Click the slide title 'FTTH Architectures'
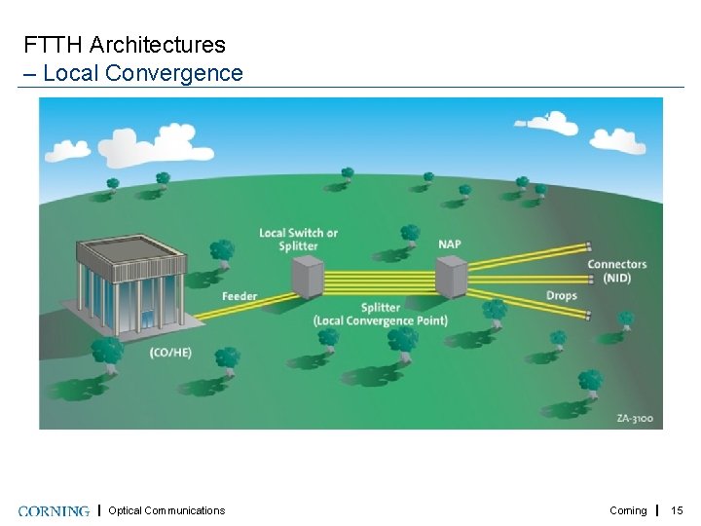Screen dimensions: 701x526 (x=125, y=45)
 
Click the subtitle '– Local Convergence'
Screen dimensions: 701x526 (x=133, y=73)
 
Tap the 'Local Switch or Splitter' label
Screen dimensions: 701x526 (x=298, y=240)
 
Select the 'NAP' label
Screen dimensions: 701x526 (x=450, y=244)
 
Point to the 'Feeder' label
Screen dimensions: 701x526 (x=240, y=296)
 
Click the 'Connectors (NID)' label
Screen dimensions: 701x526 (x=616, y=271)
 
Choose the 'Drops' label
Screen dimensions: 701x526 (x=561, y=295)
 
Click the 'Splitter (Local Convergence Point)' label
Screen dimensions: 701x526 (x=380, y=315)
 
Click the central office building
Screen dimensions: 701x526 (x=134, y=282)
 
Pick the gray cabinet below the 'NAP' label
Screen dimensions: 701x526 (x=450, y=277)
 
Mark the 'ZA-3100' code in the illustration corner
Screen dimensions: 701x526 (x=635, y=419)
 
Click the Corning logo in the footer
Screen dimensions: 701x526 (x=54, y=510)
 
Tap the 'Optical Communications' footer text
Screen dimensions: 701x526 (x=166, y=510)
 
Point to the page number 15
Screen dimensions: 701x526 (x=678, y=510)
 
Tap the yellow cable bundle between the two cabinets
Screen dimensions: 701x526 (x=379, y=281)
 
